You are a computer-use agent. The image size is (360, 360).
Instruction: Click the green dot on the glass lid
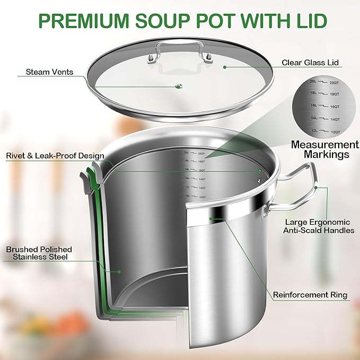(225, 67)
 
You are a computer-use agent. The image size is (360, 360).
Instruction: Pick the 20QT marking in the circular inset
(334, 83)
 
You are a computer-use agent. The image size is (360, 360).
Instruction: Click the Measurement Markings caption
(325, 150)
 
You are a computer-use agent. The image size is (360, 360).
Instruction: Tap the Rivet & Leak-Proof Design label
(55, 156)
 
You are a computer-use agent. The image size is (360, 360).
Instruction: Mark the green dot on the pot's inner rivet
(259, 171)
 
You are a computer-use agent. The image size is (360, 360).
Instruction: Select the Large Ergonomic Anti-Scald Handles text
(319, 226)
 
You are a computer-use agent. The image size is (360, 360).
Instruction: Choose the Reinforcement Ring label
(310, 295)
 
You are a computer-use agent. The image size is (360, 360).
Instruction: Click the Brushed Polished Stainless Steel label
(39, 253)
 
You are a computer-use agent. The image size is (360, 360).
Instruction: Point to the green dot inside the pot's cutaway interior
(119, 271)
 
